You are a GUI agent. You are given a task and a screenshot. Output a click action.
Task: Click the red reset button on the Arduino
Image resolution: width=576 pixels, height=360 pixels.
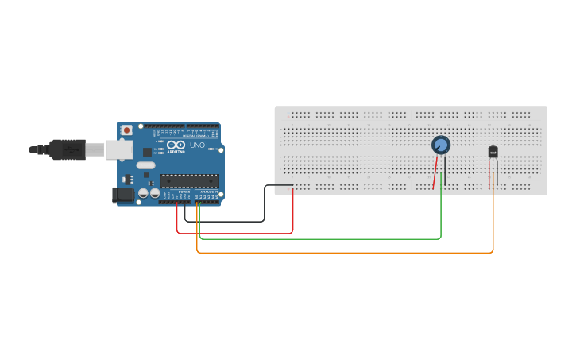pos(126,130)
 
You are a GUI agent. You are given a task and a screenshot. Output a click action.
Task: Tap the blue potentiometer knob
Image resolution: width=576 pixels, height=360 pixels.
pos(441,145)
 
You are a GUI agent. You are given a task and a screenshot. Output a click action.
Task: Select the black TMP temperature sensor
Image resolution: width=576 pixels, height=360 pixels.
pos(493,152)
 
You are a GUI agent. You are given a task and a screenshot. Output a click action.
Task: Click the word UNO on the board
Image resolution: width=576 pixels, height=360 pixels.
pos(197,145)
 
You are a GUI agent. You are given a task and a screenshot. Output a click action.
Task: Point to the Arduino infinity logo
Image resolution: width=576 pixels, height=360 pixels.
pos(176,145)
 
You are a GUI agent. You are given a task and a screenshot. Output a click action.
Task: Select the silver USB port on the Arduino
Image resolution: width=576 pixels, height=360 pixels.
pos(119,149)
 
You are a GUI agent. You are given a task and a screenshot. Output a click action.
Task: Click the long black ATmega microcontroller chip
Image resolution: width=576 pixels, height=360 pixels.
pos(189,181)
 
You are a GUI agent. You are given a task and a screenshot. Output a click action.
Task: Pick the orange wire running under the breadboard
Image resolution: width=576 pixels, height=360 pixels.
pos(342,253)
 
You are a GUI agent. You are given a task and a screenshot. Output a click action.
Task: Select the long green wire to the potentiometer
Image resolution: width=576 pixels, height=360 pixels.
pos(318,238)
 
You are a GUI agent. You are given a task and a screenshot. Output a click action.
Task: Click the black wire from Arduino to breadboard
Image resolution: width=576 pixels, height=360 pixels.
pos(230,221)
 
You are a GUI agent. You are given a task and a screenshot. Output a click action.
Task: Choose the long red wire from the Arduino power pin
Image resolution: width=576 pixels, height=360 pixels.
pos(238,234)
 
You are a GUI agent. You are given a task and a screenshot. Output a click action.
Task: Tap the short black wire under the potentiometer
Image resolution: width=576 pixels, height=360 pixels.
pos(445,171)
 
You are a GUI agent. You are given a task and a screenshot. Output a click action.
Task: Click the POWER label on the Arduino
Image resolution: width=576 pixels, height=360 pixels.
pos(184,192)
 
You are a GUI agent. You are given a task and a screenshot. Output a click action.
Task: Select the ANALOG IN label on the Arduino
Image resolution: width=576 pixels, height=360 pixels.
pos(208,192)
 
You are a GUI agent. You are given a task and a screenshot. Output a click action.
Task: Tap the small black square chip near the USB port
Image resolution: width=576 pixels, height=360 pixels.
pos(148,151)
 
